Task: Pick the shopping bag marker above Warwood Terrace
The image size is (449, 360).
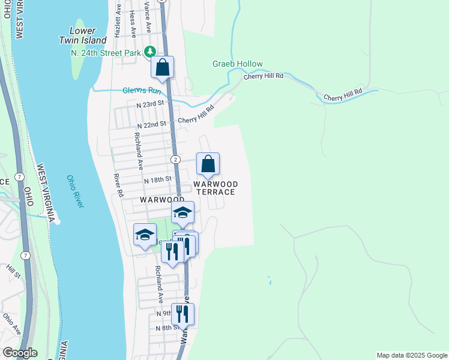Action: tap(208, 164)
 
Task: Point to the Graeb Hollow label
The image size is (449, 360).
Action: tap(237, 64)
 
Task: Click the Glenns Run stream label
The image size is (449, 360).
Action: tap(142, 91)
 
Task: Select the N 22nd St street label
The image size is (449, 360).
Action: tap(151, 124)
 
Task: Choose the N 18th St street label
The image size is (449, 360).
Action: tap(158, 179)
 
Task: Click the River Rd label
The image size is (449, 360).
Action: tap(119, 186)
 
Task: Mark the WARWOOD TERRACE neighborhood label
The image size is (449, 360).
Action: tap(215, 188)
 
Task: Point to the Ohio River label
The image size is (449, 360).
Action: tap(76, 192)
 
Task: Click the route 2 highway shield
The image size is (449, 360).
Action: tap(175, 159)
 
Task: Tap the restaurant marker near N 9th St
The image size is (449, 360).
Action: tap(182, 314)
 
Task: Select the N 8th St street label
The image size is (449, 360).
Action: tap(167, 328)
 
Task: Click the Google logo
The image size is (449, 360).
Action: tap(19, 353)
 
